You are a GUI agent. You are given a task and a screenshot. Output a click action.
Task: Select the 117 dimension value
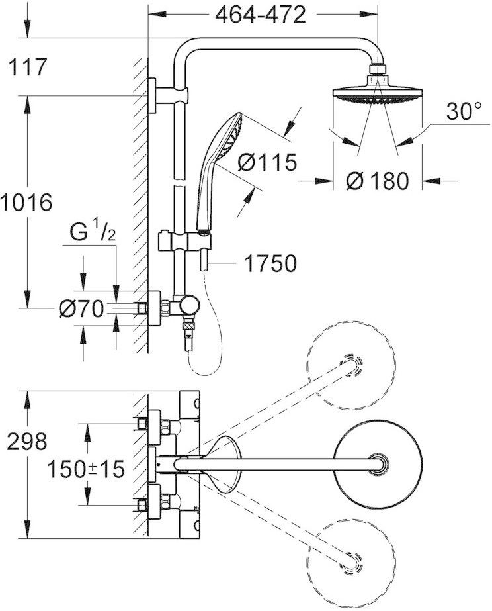point(27,66)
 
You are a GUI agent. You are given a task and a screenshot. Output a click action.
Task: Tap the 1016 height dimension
point(26,201)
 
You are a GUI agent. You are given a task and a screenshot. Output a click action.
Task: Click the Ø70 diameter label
point(81,308)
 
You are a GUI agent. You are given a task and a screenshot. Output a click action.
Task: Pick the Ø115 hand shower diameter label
point(267,162)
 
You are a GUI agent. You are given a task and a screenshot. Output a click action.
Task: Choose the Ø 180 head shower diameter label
point(378,180)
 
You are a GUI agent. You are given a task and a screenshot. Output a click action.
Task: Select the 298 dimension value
point(27,442)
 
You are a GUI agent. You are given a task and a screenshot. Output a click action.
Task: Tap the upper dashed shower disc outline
point(350,363)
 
